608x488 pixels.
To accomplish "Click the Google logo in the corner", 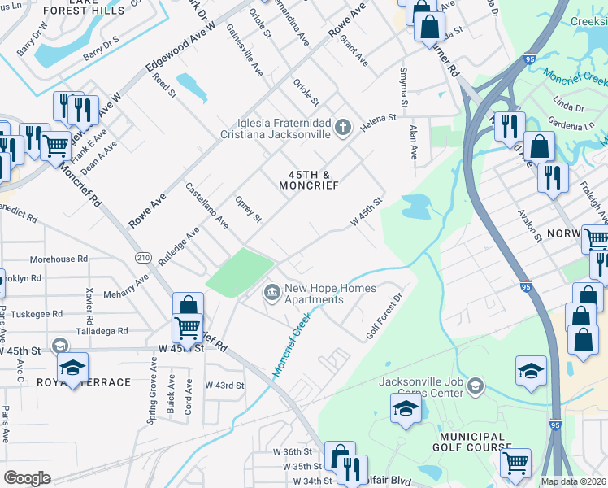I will (x=27, y=478).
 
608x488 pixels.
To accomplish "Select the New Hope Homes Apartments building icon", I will (x=271, y=291).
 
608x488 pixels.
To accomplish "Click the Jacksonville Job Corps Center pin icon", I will (x=476, y=385).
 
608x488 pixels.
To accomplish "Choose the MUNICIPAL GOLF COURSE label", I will (x=471, y=440).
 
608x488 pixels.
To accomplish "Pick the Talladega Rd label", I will (x=101, y=331).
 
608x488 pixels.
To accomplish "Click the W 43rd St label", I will (x=224, y=385).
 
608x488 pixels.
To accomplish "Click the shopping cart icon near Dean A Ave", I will (x=56, y=147).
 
